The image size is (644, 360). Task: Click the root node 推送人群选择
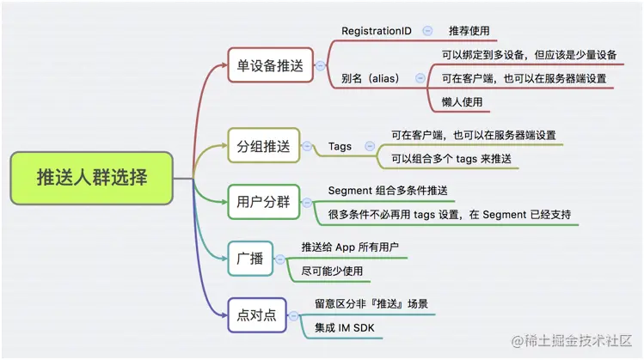pyautogui.click(x=92, y=178)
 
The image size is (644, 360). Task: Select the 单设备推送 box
pyautogui.click(x=270, y=64)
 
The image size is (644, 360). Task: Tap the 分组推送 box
pyautogui.click(x=263, y=146)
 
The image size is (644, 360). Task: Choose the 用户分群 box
pyautogui.click(x=263, y=203)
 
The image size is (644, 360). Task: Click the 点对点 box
pyautogui.click(x=256, y=314)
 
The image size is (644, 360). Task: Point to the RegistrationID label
pyautogui.click(x=376, y=31)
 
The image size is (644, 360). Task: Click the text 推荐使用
pyautogui.click(x=469, y=31)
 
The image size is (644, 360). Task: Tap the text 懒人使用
pyautogui.click(x=462, y=101)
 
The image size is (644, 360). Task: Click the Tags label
pyautogui.click(x=340, y=147)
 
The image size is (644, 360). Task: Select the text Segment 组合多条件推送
pyautogui.click(x=388, y=190)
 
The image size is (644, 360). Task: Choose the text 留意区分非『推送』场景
pyautogui.click(x=371, y=303)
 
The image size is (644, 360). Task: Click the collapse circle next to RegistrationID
pyautogui.click(x=427, y=31)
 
